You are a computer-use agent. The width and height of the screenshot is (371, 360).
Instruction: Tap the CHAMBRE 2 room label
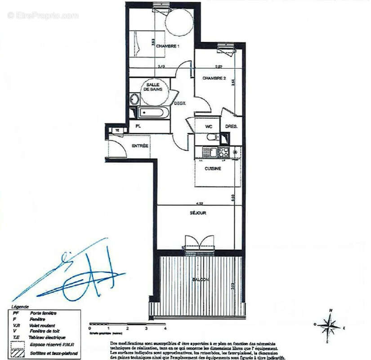[x=214, y=78]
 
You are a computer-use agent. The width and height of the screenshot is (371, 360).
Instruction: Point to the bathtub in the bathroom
[x=153, y=112]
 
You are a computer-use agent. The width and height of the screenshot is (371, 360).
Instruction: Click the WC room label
[x=209, y=126]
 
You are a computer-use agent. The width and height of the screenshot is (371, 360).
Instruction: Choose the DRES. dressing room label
[x=232, y=126]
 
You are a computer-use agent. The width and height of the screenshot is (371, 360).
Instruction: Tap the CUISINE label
[x=213, y=169]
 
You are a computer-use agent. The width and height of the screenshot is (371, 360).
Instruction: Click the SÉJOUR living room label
[x=197, y=213]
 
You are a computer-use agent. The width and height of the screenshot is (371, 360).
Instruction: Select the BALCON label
[x=200, y=280]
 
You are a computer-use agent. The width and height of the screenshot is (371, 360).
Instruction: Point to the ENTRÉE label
[x=140, y=146]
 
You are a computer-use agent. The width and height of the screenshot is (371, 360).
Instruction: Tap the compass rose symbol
[x=331, y=324]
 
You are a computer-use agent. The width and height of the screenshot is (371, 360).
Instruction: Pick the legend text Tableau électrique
[x=47, y=337]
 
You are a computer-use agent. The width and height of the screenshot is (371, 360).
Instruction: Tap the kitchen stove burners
[x=223, y=152]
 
